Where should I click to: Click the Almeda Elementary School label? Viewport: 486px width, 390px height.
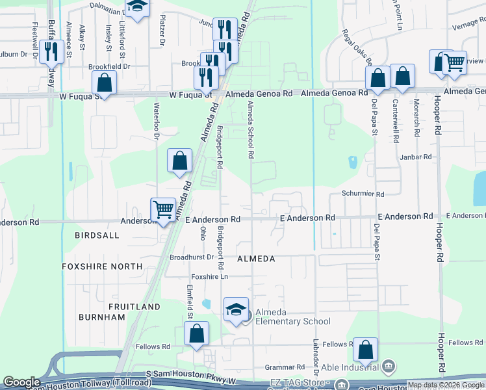292,317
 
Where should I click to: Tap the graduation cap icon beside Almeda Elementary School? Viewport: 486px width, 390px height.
236,309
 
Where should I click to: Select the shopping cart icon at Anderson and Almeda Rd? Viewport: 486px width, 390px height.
162,209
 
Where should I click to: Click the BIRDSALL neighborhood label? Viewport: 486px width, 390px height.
97,235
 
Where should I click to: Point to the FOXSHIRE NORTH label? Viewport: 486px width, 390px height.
102,266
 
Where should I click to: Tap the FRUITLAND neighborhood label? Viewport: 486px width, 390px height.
134,306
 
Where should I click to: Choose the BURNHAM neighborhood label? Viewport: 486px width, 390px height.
101,317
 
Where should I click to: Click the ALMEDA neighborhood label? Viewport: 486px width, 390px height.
256,259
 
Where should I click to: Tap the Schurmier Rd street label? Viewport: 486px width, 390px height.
363,194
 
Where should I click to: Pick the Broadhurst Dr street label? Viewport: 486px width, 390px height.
192,257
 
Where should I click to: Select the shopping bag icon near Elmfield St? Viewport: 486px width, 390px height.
196,333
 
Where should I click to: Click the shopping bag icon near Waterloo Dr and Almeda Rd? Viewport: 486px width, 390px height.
180,161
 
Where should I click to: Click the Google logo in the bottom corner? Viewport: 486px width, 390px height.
21,382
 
